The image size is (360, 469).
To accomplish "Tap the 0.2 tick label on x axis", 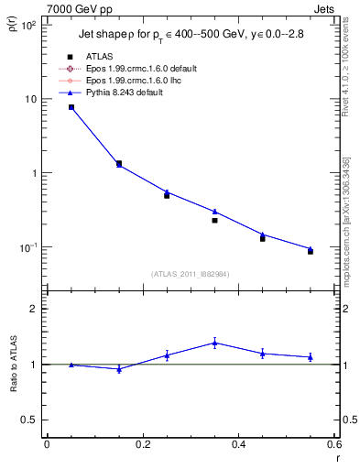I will [x=142, y=446].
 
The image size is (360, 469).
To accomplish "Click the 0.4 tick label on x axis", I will [x=238, y=446].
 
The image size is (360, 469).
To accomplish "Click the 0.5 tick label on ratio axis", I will [x=30, y=420].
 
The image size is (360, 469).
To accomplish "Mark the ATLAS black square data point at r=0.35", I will [x=214, y=220].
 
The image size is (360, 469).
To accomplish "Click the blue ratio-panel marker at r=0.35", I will [x=214, y=344].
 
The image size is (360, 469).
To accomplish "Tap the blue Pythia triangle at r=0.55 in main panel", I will [x=311, y=248].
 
